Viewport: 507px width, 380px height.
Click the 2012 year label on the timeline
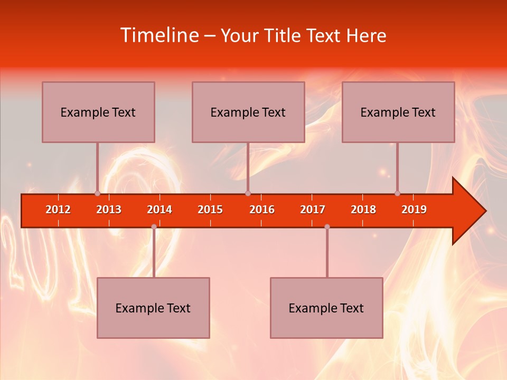click(x=58, y=210)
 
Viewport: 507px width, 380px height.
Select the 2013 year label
click(x=109, y=210)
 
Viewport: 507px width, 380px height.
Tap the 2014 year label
click(x=159, y=210)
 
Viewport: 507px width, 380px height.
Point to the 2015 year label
click(x=210, y=210)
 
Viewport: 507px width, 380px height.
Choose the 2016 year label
click(x=262, y=210)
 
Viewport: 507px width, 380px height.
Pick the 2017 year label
click(x=313, y=210)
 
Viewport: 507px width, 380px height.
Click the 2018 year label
click(x=363, y=210)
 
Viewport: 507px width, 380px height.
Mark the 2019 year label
click(x=414, y=210)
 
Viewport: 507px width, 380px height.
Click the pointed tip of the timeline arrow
click(x=485, y=211)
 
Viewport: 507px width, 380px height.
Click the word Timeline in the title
click(x=158, y=35)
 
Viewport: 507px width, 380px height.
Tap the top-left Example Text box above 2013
click(x=98, y=112)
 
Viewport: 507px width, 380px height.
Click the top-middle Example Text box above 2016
click(x=248, y=112)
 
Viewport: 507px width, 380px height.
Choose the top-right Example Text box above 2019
click(x=398, y=112)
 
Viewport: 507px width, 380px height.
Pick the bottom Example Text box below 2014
click(x=153, y=308)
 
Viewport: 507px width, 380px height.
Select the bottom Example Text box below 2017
click(x=326, y=308)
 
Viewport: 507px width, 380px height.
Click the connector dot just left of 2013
click(x=97, y=194)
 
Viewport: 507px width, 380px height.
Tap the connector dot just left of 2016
click(x=248, y=194)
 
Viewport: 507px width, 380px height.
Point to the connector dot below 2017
click(x=327, y=227)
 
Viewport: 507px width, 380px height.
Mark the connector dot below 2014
click(x=154, y=227)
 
